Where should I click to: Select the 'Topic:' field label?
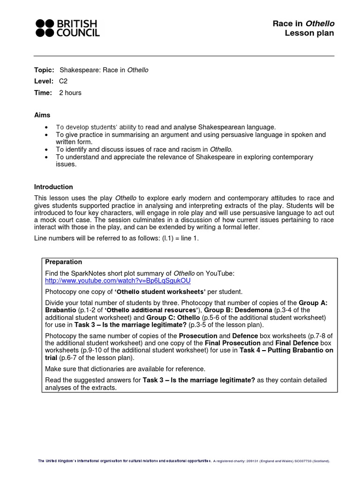tap(44, 70)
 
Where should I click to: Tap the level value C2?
tap(63, 81)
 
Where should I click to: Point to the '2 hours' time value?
tap(70, 92)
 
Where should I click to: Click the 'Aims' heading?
tap(42, 115)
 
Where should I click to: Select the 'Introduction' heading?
tap(53, 187)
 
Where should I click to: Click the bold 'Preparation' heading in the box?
tap(63, 262)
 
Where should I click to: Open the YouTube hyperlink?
tap(118, 280)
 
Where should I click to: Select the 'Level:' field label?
tap(44, 81)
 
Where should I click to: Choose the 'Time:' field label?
tap(43, 92)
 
